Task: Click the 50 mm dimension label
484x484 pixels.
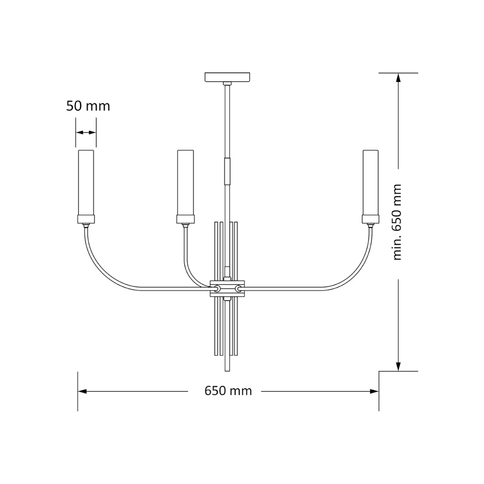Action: click(x=88, y=106)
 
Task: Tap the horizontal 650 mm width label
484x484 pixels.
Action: click(x=228, y=391)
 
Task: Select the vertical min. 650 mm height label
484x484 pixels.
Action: click(x=397, y=222)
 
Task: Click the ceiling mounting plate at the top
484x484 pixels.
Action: click(x=227, y=77)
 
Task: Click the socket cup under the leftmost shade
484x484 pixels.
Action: click(x=86, y=219)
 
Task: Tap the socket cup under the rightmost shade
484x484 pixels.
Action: click(x=371, y=219)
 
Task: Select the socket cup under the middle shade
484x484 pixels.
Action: click(x=186, y=219)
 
